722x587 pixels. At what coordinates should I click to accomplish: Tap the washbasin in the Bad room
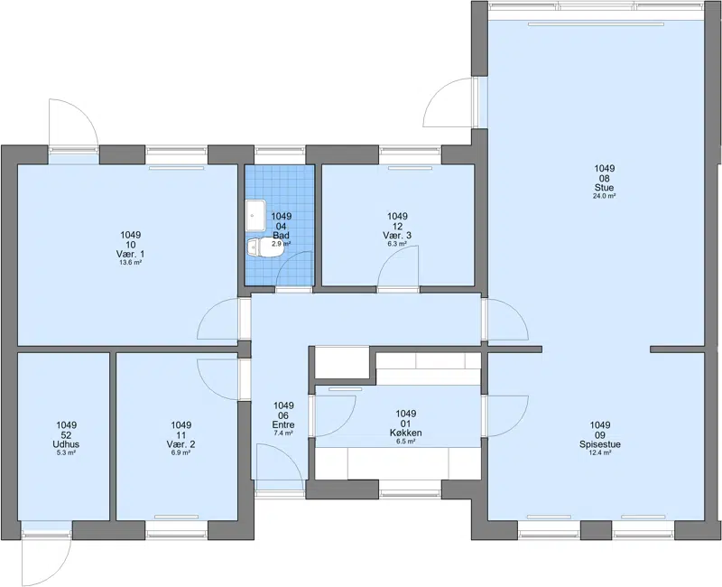(x=256, y=216)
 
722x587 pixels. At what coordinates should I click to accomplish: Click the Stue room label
(x=604, y=188)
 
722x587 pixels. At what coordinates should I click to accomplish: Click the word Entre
(x=283, y=424)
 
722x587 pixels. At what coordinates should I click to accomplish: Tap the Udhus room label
(x=66, y=444)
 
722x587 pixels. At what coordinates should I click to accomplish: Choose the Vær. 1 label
(x=130, y=255)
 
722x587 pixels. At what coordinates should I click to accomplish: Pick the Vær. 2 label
(x=181, y=444)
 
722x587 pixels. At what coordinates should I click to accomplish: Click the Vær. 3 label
(x=397, y=236)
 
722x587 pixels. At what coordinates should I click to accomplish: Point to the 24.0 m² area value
(x=604, y=196)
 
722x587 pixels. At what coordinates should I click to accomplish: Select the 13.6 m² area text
(x=130, y=262)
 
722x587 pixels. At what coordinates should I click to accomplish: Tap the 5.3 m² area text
(x=66, y=453)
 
